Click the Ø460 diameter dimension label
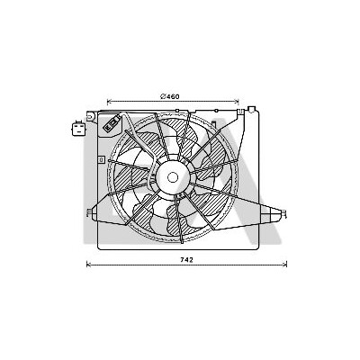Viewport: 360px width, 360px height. [170, 96]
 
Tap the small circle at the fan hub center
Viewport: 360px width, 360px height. [173, 177]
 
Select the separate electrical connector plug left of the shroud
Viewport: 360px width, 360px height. [79, 128]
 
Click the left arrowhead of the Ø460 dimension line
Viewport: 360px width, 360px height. [109, 102]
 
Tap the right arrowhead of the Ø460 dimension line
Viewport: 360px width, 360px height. [237, 102]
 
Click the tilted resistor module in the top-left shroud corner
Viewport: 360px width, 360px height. [112, 122]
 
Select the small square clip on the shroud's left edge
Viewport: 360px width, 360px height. [102, 160]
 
